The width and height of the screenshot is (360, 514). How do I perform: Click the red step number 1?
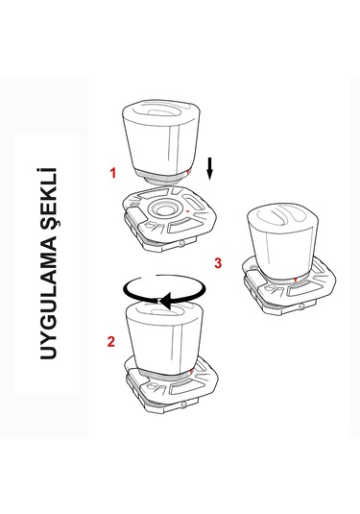point(113,173)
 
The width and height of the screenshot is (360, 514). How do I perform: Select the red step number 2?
point(111,342)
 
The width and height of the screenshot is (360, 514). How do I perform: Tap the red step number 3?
point(218,263)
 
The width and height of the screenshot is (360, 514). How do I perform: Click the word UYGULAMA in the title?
point(49,293)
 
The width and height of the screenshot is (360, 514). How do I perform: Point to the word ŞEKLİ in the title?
point(49,195)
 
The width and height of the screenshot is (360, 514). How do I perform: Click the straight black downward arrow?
point(209,169)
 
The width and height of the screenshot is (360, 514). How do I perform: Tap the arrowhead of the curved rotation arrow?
point(165,301)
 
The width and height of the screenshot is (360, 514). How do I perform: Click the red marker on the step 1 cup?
point(188,172)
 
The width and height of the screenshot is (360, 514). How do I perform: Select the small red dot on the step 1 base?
point(187,211)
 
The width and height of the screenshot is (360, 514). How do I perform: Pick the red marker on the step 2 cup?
point(191,372)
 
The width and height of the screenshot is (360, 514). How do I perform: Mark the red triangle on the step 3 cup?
point(295,280)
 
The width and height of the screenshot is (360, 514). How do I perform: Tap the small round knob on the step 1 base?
point(182,244)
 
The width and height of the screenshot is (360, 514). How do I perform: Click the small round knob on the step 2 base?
point(184,404)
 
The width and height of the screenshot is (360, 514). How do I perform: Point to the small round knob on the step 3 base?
point(301,306)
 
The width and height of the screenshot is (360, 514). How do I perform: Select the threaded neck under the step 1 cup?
point(161,180)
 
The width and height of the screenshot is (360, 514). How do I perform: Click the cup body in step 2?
point(164,341)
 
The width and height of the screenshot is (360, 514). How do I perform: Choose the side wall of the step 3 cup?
point(281,254)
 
